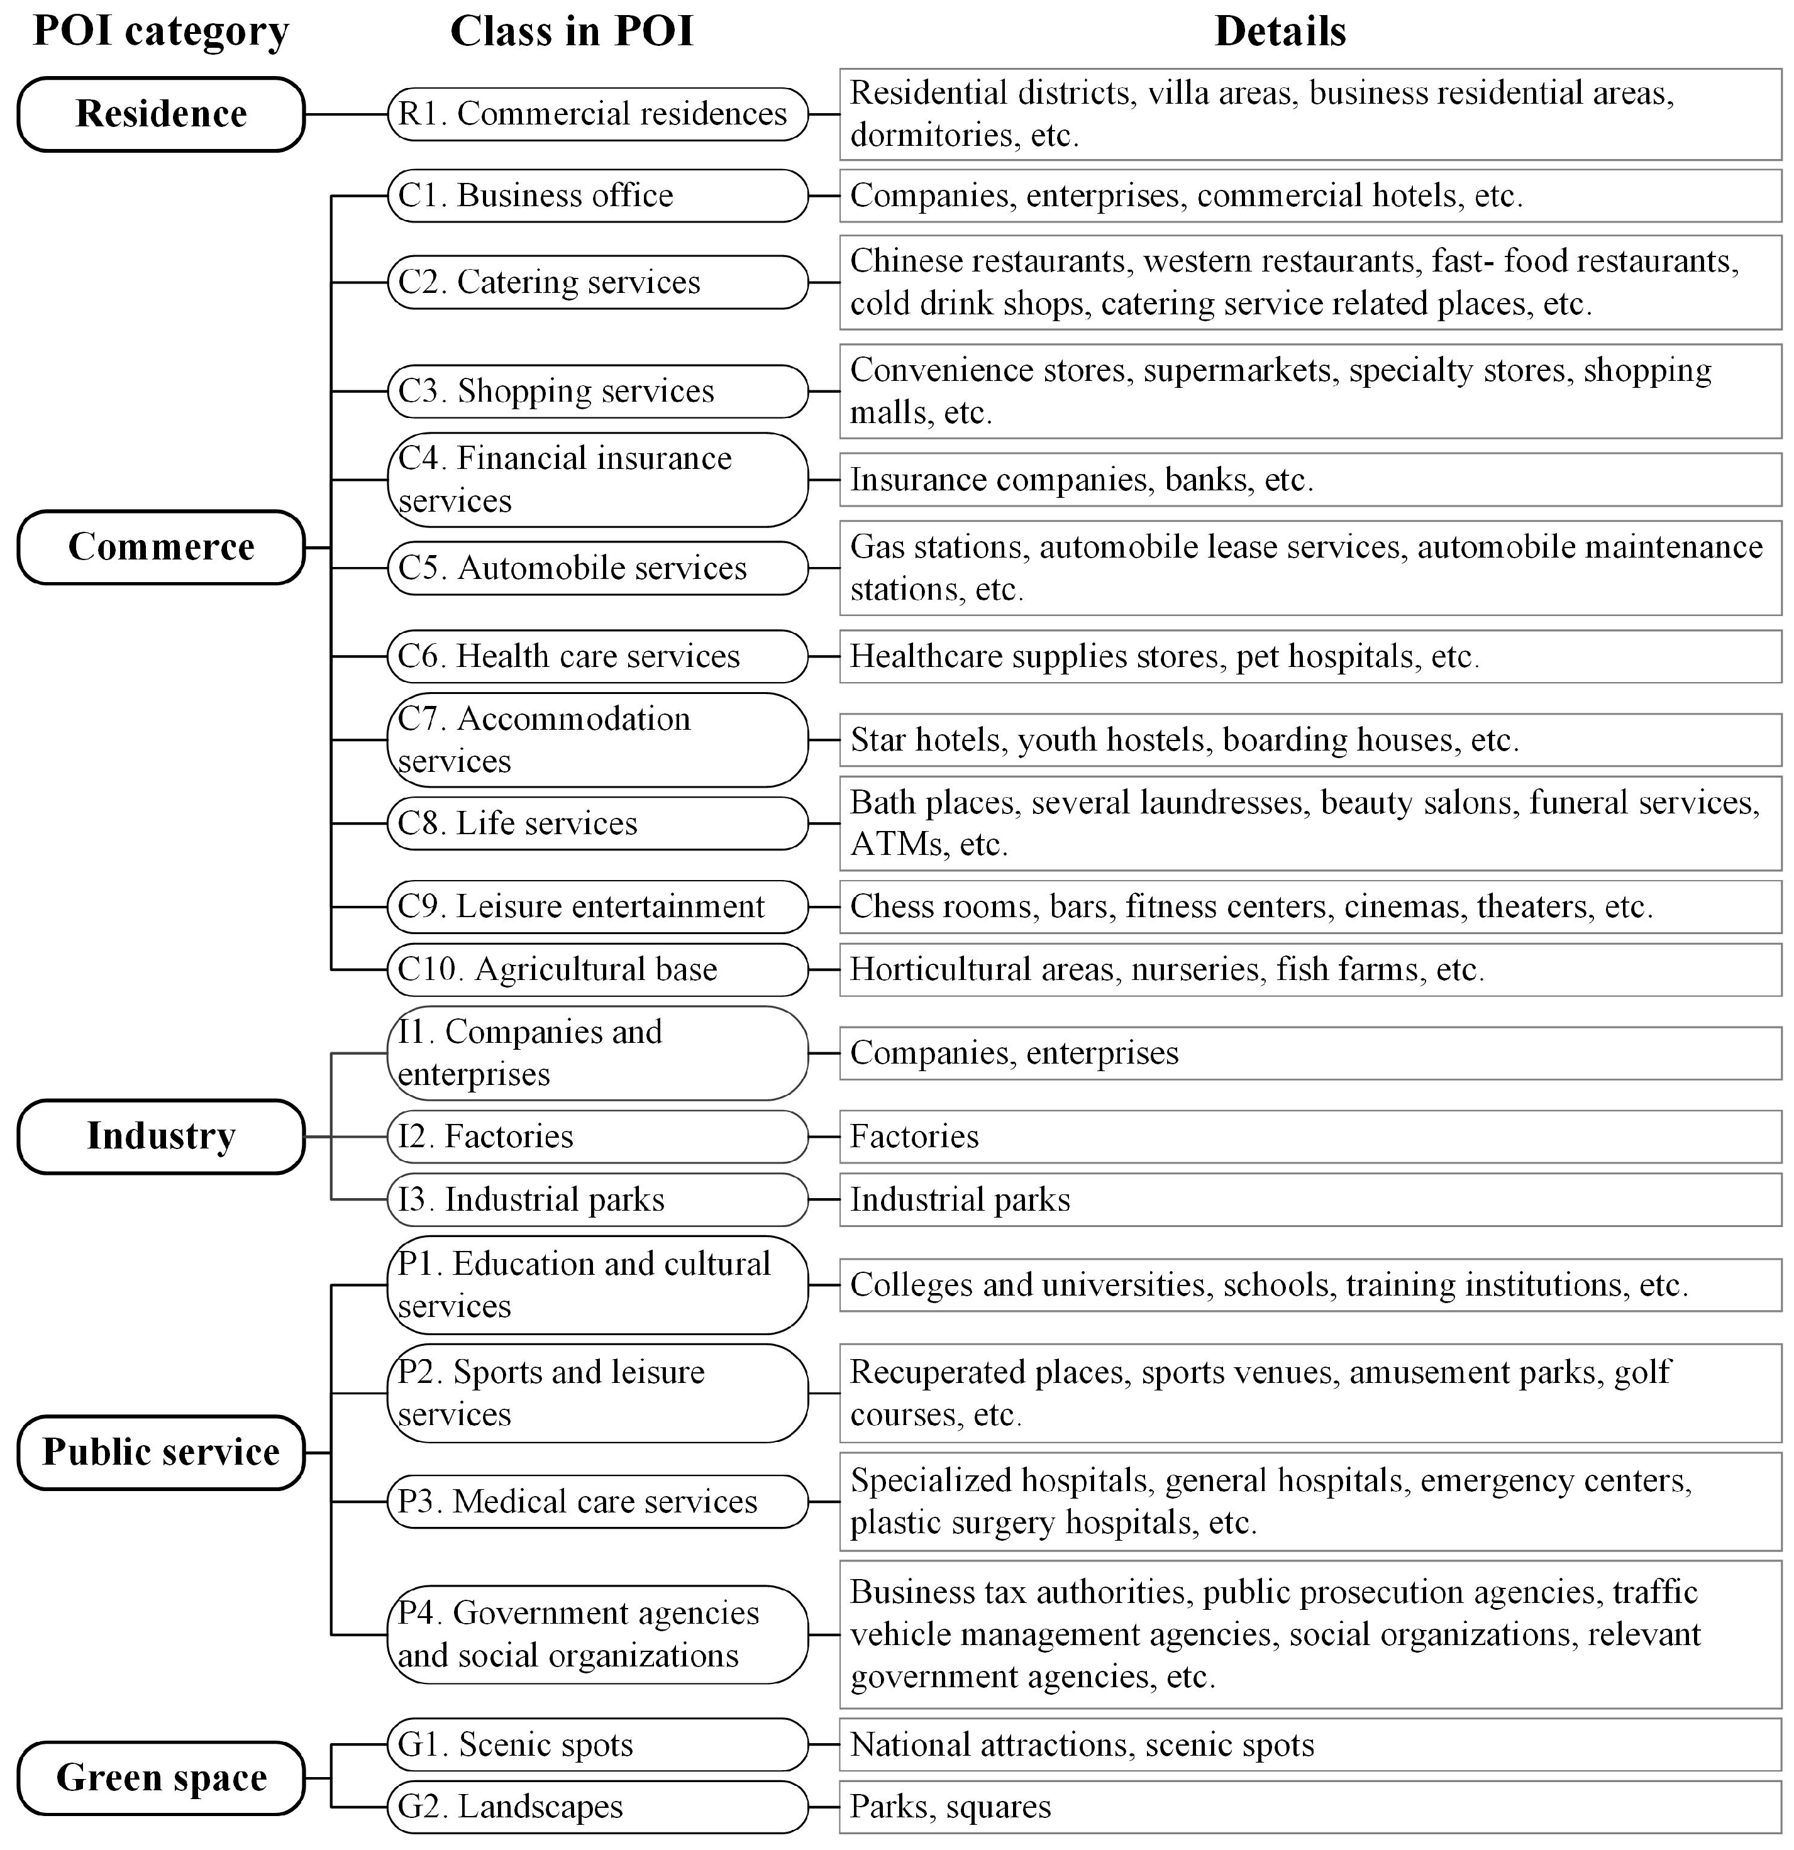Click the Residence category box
pos(160,114)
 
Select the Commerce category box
pos(160,548)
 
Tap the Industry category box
pos(160,1137)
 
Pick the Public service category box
pos(160,1453)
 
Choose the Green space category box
pos(160,1778)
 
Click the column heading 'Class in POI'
pos(571,31)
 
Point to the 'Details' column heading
pos(1280,31)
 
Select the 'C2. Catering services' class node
pos(597,282)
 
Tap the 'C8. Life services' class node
pos(597,823)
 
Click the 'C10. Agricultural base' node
pos(597,969)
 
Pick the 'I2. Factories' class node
pos(597,1137)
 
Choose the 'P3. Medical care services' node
pos(597,1502)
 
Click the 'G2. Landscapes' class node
pos(597,1807)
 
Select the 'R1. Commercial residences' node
pos(597,114)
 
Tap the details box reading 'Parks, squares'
pos(1310,1807)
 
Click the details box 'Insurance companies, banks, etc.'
pos(1310,480)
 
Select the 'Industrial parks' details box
pos(1310,1199)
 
